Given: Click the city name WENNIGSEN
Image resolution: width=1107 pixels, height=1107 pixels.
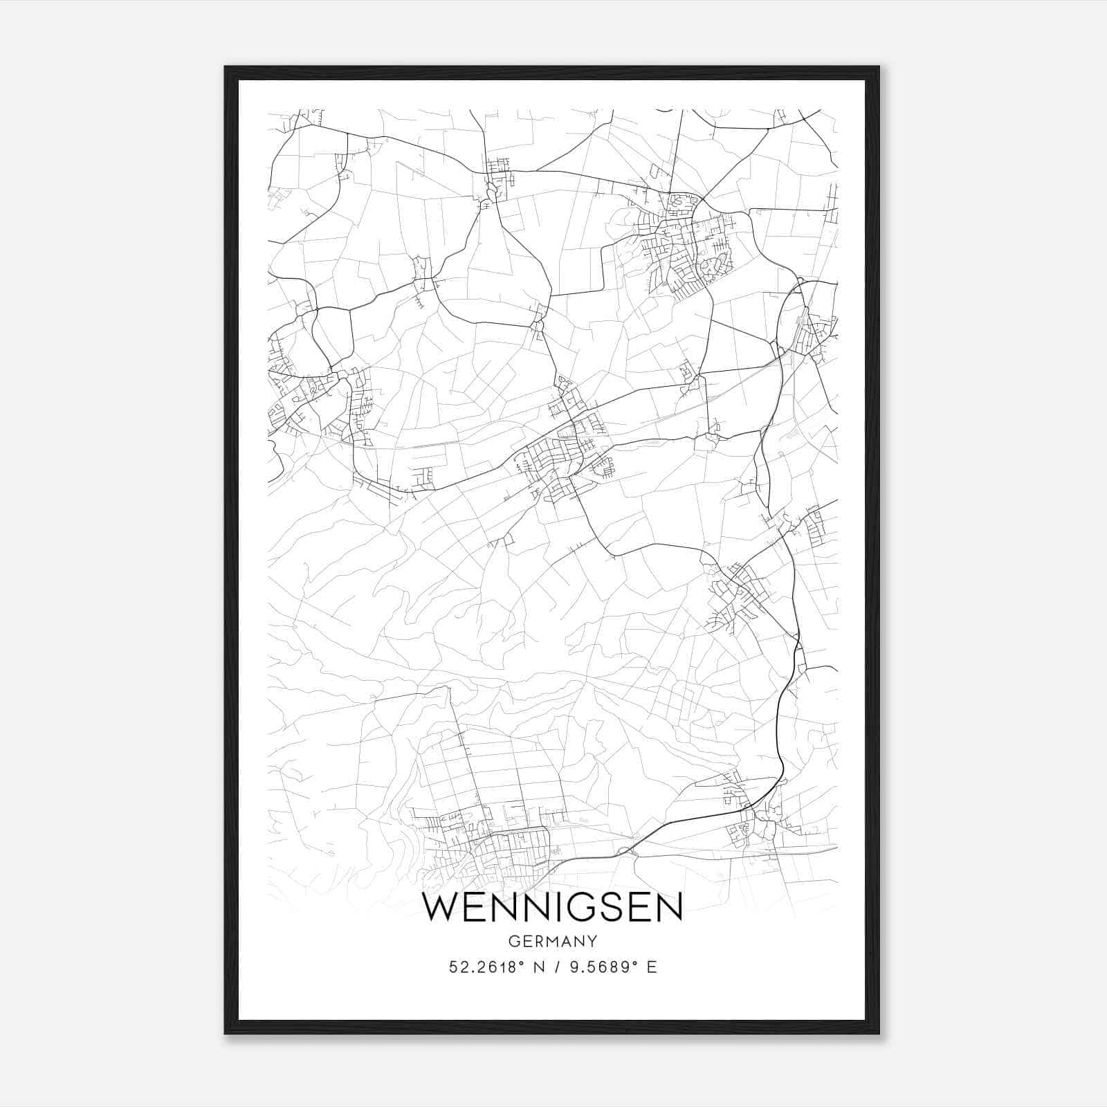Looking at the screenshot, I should [552, 908].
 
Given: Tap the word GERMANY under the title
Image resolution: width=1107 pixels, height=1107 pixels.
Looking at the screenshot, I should [552, 942].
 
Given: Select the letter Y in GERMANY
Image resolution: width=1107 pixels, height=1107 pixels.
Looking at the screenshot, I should [592, 942].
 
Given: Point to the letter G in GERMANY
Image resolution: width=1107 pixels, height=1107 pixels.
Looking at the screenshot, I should [513, 942].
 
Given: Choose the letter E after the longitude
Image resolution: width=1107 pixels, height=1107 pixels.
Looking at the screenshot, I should [651, 967].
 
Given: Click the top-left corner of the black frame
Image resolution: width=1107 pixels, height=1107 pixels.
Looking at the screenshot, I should [226, 67].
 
